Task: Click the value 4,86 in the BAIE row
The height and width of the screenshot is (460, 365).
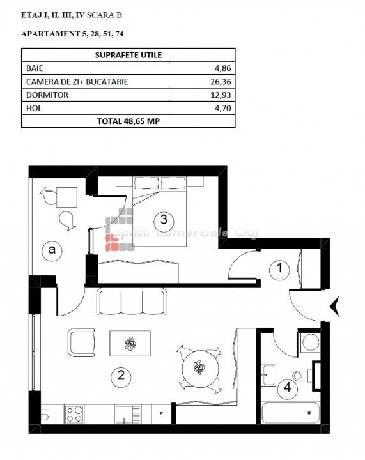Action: click(222, 68)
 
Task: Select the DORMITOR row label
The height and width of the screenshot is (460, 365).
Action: click(47, 95)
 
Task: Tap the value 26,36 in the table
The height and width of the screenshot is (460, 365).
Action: click(221, 82)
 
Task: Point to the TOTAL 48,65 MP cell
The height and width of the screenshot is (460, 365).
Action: click(128, 121)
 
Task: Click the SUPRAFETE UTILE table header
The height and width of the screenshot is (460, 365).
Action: click(128, 55)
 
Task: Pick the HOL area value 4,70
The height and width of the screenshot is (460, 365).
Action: click(222, 108)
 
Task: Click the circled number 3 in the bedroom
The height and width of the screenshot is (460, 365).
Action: click(164, 219)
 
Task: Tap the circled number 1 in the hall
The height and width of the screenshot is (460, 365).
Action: click(279, 268)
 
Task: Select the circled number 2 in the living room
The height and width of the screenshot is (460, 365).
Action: click(121, 375)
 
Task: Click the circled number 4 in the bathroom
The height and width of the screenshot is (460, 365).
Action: click(288, 387)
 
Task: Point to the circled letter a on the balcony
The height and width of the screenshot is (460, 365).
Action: click(52, 250)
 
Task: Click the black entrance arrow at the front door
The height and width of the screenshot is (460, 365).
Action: click(335, 306)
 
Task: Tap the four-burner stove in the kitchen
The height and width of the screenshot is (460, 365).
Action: click(74, 414)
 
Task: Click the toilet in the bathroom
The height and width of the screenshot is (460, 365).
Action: click(302, 375)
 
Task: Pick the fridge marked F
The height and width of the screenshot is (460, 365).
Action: click(161, 414)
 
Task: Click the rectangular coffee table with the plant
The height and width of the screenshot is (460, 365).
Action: click(130, 343)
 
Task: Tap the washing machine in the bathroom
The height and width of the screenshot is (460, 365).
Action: click(310, 342)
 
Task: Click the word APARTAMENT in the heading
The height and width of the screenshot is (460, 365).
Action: click(50, 34)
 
